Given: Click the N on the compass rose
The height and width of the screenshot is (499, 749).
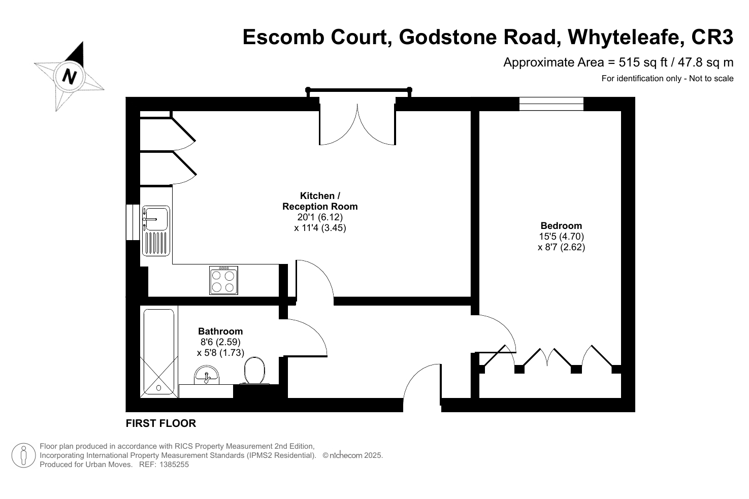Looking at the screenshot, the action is [x=70, y=77].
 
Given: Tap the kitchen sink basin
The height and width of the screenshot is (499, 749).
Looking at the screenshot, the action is [x=156, y=219].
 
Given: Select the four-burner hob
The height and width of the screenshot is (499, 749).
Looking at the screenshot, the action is [x=224, y=280].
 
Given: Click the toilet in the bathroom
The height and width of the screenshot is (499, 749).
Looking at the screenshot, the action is [x=254, y=371].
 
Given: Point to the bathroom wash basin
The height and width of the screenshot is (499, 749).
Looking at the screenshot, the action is [x=207, y=375].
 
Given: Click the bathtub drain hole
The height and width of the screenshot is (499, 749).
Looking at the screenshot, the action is [x=158, y=388].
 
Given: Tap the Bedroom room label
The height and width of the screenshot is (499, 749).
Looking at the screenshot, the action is [x=561, y=225].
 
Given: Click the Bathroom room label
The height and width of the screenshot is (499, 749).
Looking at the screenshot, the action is [x=220, y=331].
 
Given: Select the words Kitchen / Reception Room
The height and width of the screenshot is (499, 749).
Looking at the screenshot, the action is [x=320, y=201].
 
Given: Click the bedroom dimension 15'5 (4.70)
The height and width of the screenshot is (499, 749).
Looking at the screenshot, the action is [x=562, y=236].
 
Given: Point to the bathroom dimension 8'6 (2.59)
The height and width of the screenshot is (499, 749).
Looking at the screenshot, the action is [x=221, y=342].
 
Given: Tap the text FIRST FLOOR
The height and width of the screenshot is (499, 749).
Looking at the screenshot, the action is [x=161, y=423].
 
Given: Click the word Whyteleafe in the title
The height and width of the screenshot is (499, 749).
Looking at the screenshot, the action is [x=626, y=38].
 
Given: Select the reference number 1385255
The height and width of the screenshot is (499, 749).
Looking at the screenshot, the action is [x=174, y=464].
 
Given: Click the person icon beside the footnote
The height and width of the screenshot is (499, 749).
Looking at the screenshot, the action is [x=23, y=455].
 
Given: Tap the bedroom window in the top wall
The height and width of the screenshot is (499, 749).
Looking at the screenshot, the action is [x=551, y=104].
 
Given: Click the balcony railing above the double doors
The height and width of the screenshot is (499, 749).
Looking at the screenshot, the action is [x=359, y=90].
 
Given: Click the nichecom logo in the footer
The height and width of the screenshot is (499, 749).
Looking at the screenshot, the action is [x=346, y=455].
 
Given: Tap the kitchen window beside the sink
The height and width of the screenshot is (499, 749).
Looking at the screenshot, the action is [x=133, y=222].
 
